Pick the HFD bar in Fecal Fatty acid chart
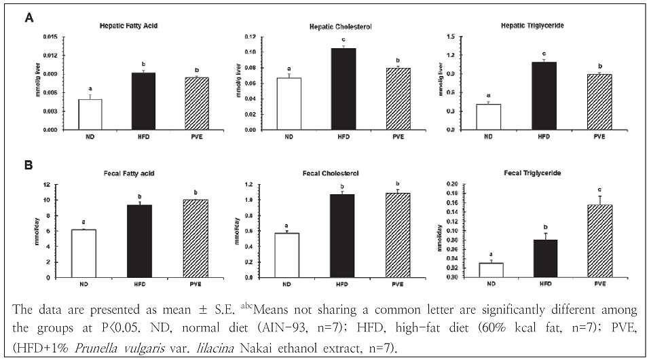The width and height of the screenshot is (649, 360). coord(138,240)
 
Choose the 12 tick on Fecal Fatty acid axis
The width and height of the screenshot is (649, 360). coord(54,185)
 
